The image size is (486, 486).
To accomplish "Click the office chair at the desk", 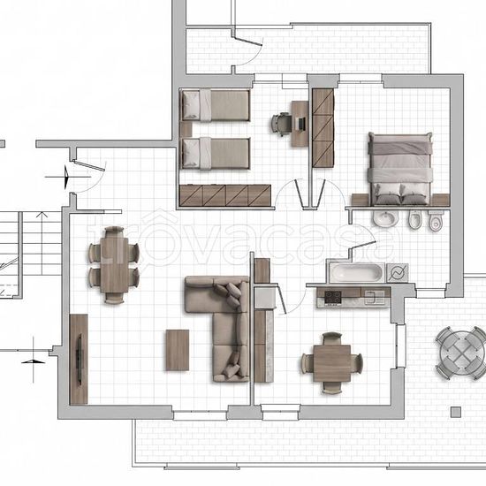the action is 281,124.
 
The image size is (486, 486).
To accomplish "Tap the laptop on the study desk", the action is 300,124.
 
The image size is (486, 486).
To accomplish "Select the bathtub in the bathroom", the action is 356,273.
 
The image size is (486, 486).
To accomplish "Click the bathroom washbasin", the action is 385,218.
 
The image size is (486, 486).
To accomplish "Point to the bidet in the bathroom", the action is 414,219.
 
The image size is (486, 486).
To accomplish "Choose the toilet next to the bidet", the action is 436,220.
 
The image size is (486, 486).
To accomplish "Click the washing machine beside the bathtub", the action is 398,273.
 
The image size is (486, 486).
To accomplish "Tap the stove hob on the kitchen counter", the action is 333,297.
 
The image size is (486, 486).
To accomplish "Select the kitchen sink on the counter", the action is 375,297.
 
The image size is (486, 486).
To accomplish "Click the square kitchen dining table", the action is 331,363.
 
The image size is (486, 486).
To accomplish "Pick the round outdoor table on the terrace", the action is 461,353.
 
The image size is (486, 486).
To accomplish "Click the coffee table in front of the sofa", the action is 178,350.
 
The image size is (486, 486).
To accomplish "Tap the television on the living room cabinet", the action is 80,360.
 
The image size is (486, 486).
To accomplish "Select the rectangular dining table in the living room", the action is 114,264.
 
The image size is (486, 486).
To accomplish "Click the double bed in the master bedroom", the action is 400,169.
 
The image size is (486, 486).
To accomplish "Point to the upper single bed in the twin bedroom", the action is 216,105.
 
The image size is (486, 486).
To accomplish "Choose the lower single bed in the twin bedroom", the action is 216,154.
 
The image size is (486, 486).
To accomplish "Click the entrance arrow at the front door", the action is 66,177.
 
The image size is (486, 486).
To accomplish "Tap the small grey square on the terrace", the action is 456,413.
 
